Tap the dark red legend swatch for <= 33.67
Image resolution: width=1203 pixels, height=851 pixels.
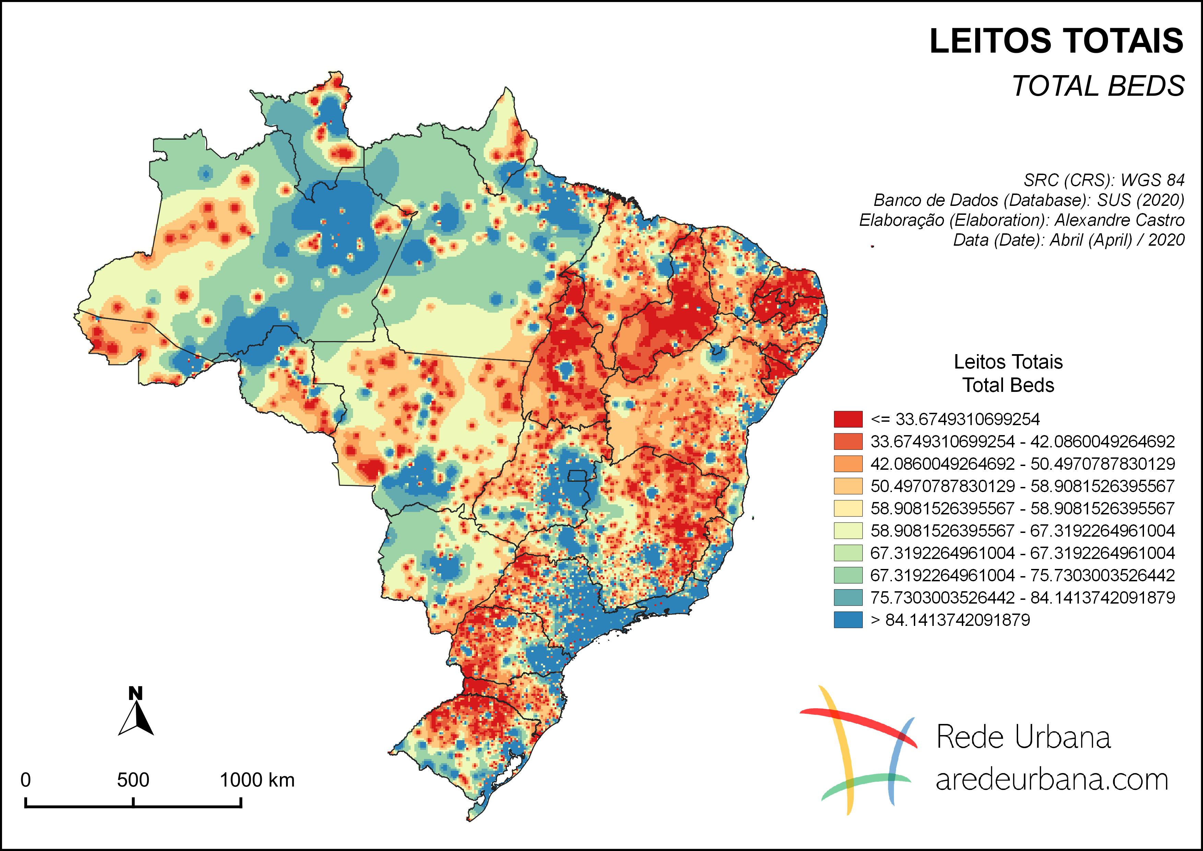click(x=848, y=419)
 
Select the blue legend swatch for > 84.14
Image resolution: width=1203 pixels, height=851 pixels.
click(x=848, y=620)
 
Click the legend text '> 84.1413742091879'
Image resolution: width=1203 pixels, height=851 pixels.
click(x=950, y=620)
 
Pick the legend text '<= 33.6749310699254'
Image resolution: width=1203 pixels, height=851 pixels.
click(x=955, y=419)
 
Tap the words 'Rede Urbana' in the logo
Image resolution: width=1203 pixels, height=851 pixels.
click(x=1023, y=737)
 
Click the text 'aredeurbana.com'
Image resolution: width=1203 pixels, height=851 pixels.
click(x=1052, y=780)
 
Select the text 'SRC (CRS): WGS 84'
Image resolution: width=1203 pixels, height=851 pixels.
click(x=1104, y=180)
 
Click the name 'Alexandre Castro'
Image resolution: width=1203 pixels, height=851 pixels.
click(x=1119, y=220)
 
